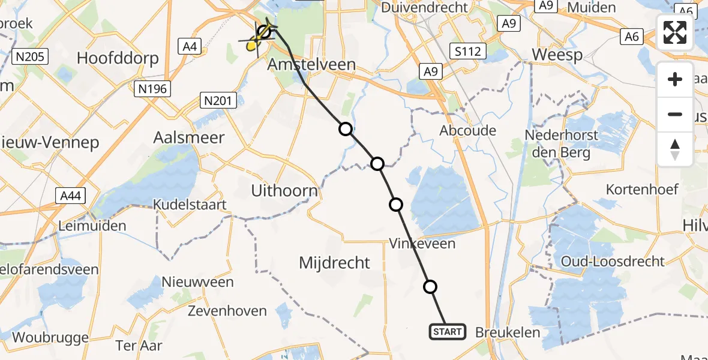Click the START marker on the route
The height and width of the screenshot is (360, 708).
[x=447, y=332]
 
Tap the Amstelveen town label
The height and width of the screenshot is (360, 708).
[x=312, y=64]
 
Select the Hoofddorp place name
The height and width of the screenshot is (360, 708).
[x=118, y=58]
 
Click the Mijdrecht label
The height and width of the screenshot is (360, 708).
[x=334, y=262]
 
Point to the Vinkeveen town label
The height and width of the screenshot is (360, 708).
[x=422, y=243]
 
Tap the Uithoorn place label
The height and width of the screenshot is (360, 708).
[x=284, y=191]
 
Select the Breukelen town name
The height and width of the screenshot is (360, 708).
[x=508, y=332]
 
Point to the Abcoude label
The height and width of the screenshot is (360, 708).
[x=468, y=130]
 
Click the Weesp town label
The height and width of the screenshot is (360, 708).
[x=557, y=55]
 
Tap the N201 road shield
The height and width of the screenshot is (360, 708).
[x=218, y=101]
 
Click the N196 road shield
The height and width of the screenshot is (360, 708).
[x=152, y=89]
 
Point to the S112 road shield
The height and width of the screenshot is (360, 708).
[x=467, y=52]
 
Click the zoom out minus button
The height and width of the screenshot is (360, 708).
[x=675, y=115]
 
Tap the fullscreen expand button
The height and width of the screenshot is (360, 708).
[x=675, y=33]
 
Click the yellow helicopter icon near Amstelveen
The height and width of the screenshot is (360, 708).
[x=254, y=42]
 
